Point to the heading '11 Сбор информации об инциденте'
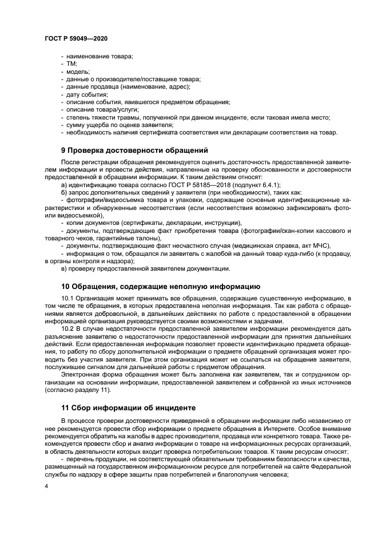129,408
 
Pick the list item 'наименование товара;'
100,56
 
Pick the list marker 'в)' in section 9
65,268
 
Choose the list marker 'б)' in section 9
65,193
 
